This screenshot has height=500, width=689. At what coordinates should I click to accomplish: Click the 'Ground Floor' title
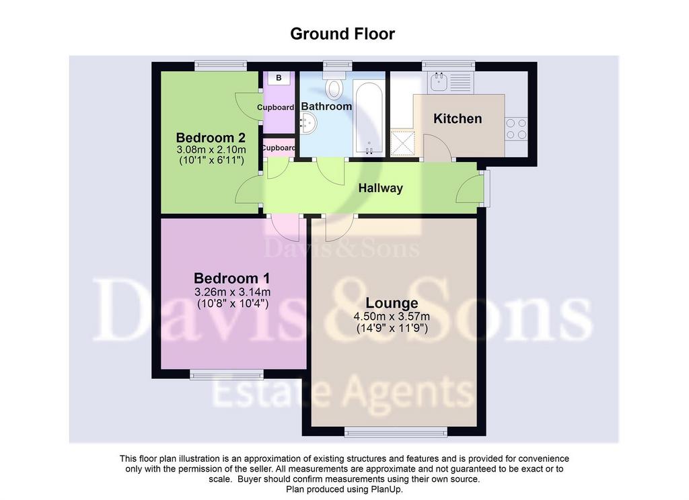click(342, 34)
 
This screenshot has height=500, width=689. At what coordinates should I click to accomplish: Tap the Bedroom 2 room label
click(211, 137)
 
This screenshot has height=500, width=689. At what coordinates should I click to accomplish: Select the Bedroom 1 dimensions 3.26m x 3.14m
click(232, 292)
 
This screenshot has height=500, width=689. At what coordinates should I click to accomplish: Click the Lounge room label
click(392, 303)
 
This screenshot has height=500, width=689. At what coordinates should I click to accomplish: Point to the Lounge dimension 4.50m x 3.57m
click(392, 317)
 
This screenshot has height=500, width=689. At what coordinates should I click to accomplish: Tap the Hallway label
click(381, 188)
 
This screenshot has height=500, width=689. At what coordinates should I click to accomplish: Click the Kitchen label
click(458, 118)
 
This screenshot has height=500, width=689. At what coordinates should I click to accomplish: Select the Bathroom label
click(326, 106)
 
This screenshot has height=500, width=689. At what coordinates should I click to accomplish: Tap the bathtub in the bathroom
click(369, 117)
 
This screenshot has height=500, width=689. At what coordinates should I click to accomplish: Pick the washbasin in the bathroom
click(307, 123)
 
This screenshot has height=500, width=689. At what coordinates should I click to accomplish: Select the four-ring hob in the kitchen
click(516, 128)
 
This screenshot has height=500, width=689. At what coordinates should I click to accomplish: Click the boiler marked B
click(279, 78)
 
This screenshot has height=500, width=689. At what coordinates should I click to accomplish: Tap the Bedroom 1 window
click(226, 374)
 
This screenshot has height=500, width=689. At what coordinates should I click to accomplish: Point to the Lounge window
click(396, 432)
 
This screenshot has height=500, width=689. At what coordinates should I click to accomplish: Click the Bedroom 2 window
click(221, 66)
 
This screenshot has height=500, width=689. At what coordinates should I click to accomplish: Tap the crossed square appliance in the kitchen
click(403, 142)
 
